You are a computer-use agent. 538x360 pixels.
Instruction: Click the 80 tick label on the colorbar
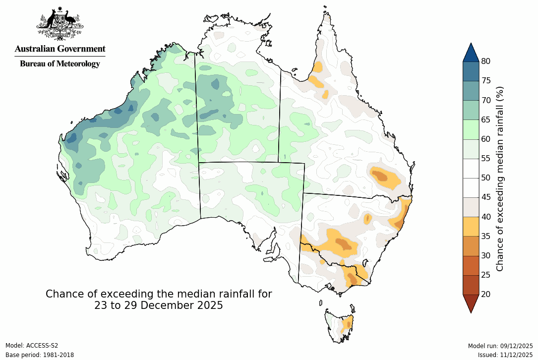click(486, 61)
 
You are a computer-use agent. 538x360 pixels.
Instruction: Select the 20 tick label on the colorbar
click(486, 294)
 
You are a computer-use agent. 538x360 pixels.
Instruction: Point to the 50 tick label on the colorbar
click(486, 178)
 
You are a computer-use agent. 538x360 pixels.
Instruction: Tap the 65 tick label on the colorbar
click(486, 120)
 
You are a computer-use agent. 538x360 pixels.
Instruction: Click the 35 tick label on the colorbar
click(486, 236)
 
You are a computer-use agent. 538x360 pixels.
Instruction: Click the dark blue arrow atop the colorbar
click(471, 53)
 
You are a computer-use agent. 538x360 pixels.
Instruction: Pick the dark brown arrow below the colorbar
click(471, 303)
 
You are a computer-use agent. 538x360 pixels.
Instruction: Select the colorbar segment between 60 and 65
click(471, 129)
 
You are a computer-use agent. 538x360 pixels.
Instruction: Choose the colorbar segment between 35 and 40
click(471, 226)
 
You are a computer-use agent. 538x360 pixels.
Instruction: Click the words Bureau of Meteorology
click(60, 63)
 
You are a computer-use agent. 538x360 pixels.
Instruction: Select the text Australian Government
click(60, 49)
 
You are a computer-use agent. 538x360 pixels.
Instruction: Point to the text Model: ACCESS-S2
click(32, 346)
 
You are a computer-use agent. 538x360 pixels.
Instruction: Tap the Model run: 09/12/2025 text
click(500, 346)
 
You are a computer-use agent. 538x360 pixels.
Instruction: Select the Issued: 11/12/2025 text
click(505, 355)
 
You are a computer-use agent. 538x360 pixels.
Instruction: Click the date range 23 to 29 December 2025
click(159, 305)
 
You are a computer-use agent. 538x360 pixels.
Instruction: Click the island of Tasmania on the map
click(340, 325)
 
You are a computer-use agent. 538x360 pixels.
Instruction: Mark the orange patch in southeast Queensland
click(384, 178)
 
